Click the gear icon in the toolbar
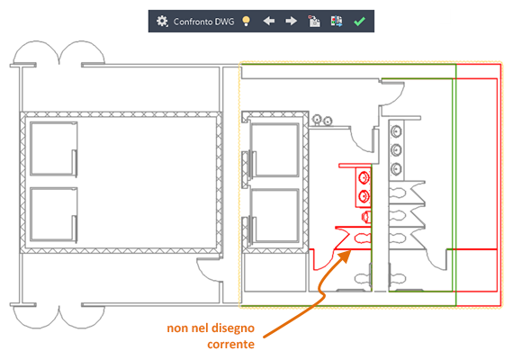pos(162,22)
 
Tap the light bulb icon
pos(246,22)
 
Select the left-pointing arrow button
pos(269,22)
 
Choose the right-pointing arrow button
pos(291,22)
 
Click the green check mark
pos(359,22)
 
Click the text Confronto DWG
pos(203,22)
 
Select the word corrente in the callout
pos(230,345)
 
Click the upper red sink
pos(364,178)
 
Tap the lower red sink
pos(364,196)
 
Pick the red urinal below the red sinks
pos(366,216)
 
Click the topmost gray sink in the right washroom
pos(396,131)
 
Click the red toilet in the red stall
pos(363,238)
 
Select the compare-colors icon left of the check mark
pos(337,22)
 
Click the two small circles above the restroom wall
pos(322,121)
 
